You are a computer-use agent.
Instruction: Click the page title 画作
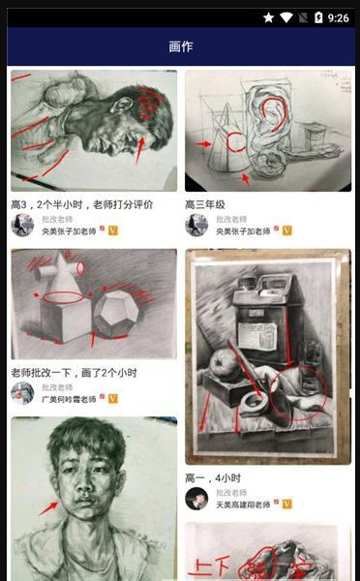click(180, 46)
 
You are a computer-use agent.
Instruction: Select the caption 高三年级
click(205, 205)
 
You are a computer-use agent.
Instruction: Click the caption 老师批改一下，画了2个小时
click(74, 373)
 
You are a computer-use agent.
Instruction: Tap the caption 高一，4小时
click(213, 478)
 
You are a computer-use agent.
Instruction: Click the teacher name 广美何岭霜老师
click(69, 398)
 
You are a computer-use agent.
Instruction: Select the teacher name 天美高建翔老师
click(243, 504)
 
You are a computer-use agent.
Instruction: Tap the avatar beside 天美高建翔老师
click(196, 498)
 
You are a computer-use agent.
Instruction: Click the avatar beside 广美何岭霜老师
click(22, 392)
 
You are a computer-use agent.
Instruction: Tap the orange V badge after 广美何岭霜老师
click(113, 398)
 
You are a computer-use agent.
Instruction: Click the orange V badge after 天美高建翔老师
click(287, 504)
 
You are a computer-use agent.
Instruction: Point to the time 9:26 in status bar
click(338, 17)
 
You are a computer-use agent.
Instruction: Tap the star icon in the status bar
click(268, 17)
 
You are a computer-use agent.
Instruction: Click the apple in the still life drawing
click(225, 365)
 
